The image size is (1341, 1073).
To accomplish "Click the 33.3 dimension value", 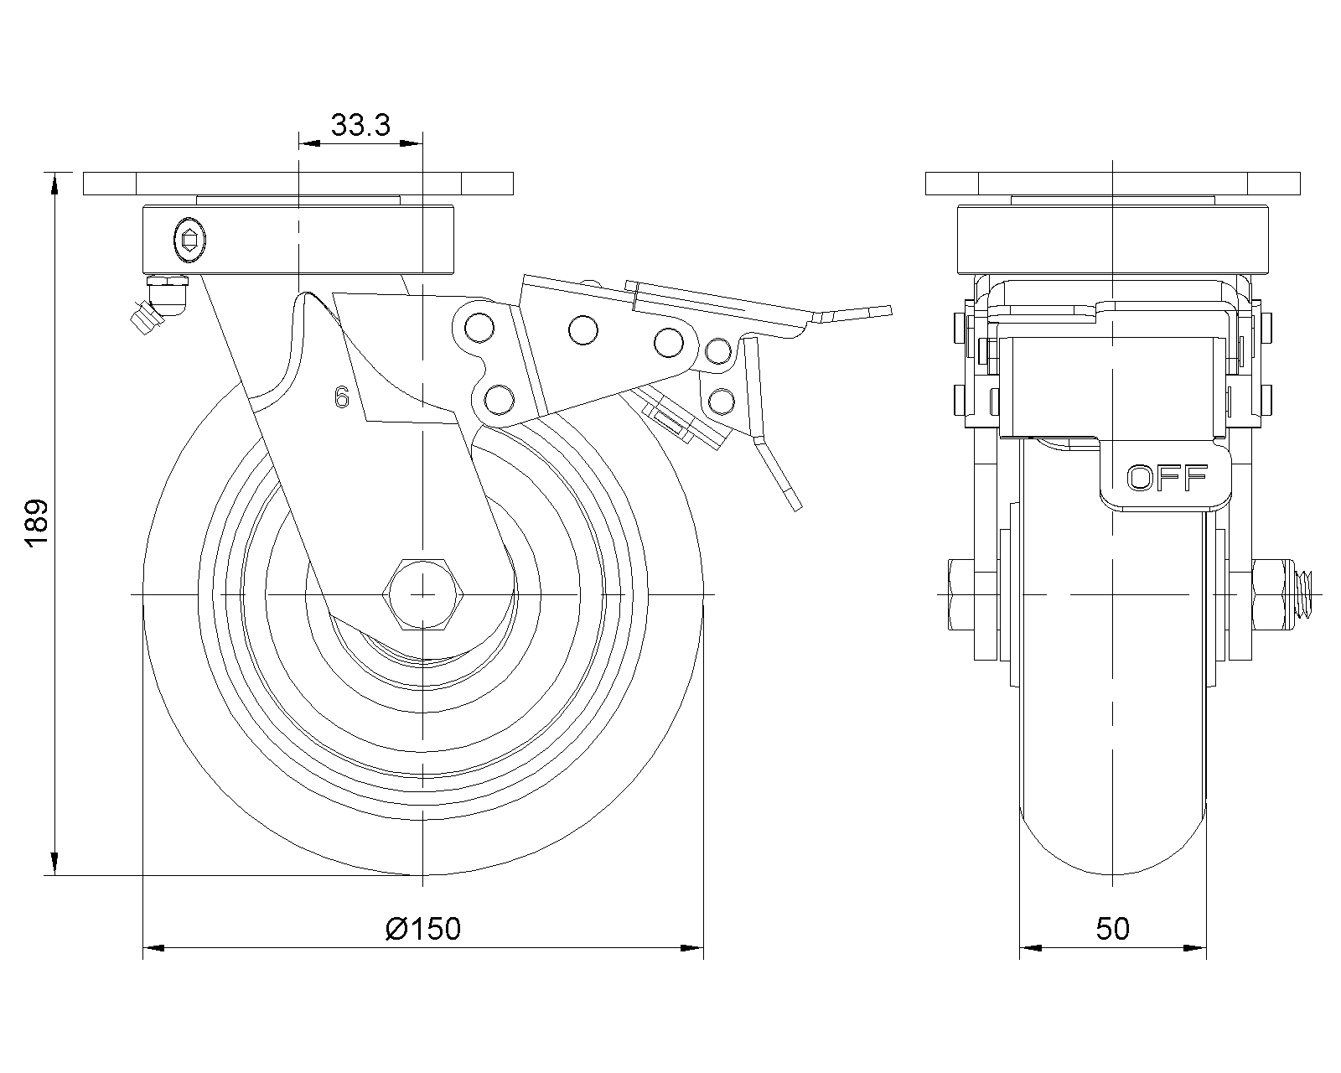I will pyautogui.click(x=360, y=125).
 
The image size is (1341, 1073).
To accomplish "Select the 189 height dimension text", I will pyautogui.click(x=36, y=524).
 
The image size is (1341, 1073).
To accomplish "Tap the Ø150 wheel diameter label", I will pyautogui.click(x=423, y=928).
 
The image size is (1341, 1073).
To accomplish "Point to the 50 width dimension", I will pyautogui.click(x=1112, y=928).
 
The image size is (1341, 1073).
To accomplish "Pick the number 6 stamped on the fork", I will pyautogui.click(x=341, y=397).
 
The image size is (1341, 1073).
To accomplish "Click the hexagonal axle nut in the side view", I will pyautogui.click(x=425, y=593).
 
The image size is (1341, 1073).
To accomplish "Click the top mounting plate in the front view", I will pyautogui.click(x=1112, y=183).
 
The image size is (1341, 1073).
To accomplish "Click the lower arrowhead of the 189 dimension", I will pyautogui.click(x=55, y=864).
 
